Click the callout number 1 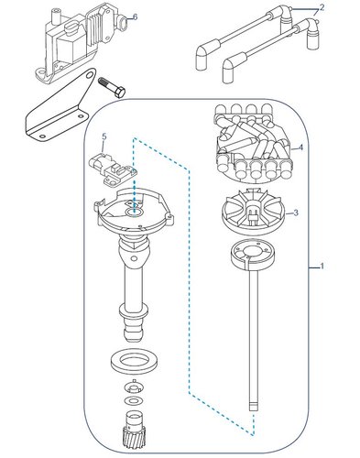[322, 267]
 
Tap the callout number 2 [322, 8]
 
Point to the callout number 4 [301, 147]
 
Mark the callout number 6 [135, 16]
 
